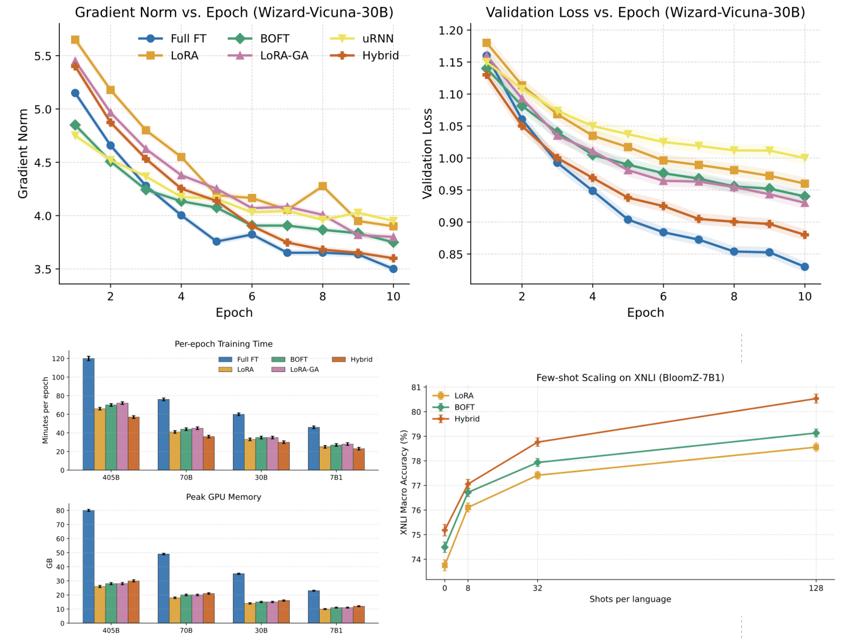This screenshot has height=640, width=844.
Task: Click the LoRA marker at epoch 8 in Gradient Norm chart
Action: point(322,186)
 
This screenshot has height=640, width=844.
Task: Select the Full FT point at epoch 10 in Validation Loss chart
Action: point(805,267)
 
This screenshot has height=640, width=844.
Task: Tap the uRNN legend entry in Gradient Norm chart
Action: point(378,39)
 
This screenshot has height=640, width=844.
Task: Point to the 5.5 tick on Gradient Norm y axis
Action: point(43,56)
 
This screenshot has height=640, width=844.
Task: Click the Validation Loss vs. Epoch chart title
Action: point(645,12)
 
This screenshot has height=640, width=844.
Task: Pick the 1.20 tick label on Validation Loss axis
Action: point(451,30)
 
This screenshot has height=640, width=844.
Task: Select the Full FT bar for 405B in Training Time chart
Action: point(88,414)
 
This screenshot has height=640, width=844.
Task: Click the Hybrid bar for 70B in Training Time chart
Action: point(209,453)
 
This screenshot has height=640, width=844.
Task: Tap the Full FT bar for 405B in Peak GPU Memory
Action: point(88,567)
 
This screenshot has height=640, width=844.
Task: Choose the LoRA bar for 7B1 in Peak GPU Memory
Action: point(325,616)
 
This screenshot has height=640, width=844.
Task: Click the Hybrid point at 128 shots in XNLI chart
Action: point(816,398)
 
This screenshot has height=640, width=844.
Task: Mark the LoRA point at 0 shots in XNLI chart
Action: point(445,565)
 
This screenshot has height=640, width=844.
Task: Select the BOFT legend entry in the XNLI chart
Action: point(464,407)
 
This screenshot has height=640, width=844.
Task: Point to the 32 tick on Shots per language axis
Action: point(537,588)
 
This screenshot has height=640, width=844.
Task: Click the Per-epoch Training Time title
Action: point(223,344)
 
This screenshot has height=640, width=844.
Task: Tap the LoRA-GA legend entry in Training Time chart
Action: point(304,369)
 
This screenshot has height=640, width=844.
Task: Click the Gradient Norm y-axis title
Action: point(23,153)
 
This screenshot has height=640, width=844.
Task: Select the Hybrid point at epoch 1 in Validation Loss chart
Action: point(487,75)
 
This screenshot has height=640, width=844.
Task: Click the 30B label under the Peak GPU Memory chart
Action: point(261,630)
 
